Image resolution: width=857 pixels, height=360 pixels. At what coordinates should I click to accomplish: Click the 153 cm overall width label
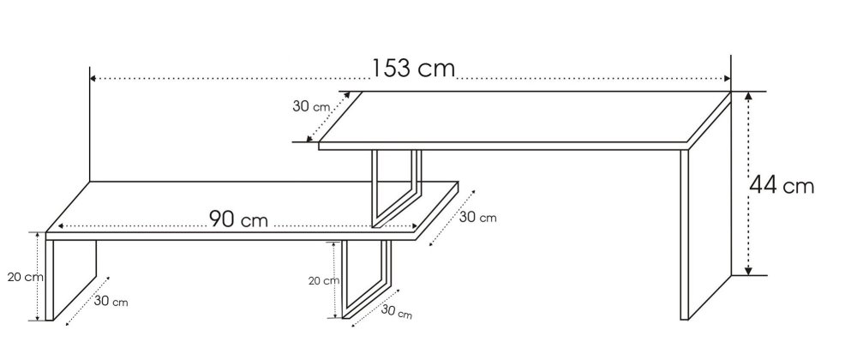point(413,69)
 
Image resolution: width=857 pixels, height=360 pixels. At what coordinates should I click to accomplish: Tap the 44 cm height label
point(782,186)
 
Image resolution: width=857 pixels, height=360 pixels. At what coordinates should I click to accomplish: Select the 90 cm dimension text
point(239,219)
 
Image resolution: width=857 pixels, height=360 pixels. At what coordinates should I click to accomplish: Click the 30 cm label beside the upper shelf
point(311,106)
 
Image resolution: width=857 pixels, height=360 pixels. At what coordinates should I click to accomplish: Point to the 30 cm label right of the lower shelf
point(477,217)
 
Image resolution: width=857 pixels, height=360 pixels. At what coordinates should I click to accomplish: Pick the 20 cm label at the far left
point(25,277)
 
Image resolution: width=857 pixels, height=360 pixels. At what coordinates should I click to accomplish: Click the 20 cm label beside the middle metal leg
point(324,281)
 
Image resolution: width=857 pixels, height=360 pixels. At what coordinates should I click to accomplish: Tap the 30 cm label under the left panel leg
point(111,301)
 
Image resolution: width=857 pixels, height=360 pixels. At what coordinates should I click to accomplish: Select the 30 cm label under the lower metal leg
point(396,312)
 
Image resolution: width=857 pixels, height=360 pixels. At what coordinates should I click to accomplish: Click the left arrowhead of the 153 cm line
point(93,78)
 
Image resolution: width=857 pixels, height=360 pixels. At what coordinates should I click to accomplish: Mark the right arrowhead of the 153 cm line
point(728,78)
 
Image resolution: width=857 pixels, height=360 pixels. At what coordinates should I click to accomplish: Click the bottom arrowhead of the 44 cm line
point(749,271)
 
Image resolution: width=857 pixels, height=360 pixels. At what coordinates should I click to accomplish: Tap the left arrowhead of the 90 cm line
point(61,226)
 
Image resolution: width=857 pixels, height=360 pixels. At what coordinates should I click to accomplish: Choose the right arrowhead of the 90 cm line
point(414,226)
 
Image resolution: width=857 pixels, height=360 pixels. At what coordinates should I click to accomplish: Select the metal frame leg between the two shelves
point(397,189)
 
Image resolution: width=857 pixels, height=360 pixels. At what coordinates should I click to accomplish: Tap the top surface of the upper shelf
point(524,117)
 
